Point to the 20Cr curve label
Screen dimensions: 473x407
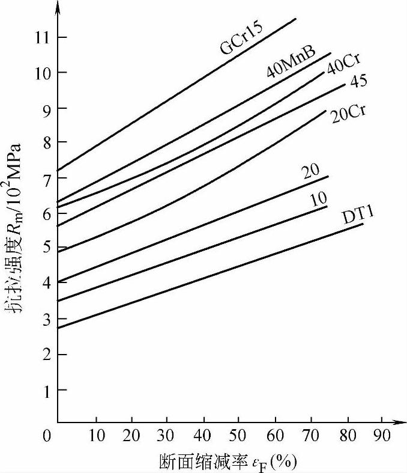click(x=349, y=113)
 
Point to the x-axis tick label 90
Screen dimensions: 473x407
click(x=382, y=436)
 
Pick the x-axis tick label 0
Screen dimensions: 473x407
click(x=49, y=436)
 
